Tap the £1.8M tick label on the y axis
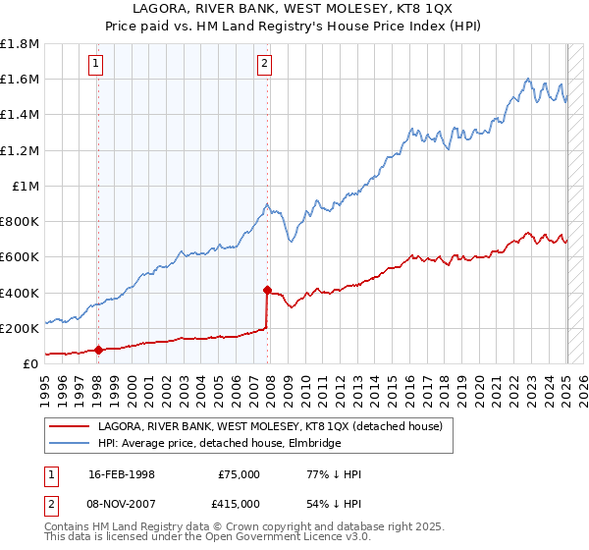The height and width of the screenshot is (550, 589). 21,44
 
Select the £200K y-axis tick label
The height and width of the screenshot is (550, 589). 20,328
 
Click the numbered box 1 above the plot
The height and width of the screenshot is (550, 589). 96,65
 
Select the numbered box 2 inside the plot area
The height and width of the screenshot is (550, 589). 265,65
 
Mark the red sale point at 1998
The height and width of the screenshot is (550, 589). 98,349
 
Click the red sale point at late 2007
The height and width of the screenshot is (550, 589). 267,290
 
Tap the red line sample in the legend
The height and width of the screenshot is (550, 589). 70,427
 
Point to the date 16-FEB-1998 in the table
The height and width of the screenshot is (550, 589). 121,474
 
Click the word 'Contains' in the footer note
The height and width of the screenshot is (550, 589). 68,528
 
